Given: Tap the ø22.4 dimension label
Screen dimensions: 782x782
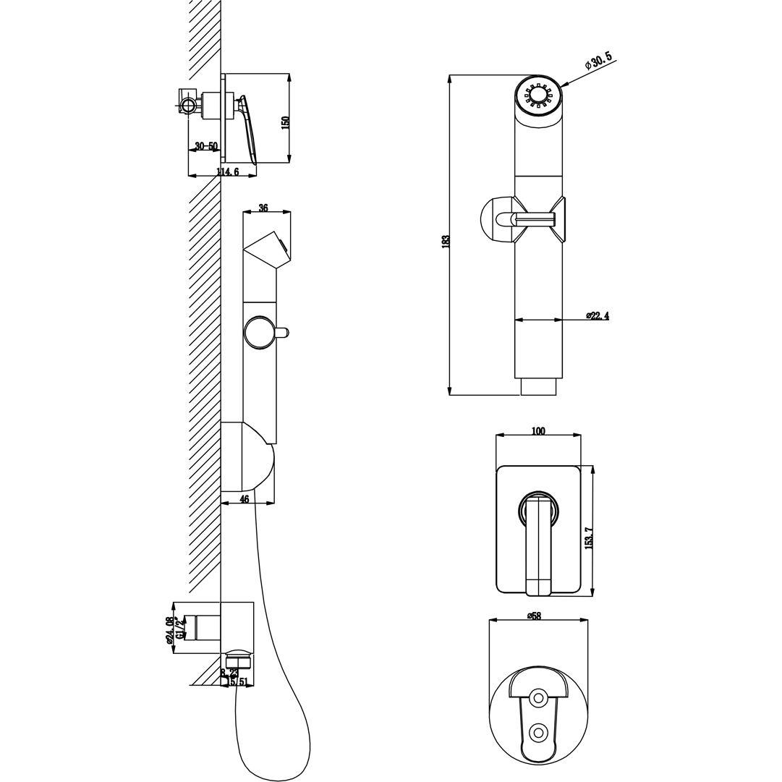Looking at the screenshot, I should (597, 315).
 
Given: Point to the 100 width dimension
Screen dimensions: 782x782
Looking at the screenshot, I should (537, 431).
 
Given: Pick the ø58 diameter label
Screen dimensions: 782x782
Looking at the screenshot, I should (534, 616).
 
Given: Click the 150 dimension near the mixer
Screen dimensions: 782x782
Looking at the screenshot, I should (284, 124).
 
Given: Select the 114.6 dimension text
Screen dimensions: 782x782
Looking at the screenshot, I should (226, 171).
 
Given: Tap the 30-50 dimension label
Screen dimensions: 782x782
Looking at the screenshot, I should (206, 146).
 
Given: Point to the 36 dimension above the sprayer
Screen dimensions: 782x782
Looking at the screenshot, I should (263, 208).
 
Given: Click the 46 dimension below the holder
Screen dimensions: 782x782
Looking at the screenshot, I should (244, 498).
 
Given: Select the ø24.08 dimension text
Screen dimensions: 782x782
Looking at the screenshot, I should (169, 629).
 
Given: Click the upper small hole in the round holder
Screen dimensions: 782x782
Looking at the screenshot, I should (537, 698).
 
